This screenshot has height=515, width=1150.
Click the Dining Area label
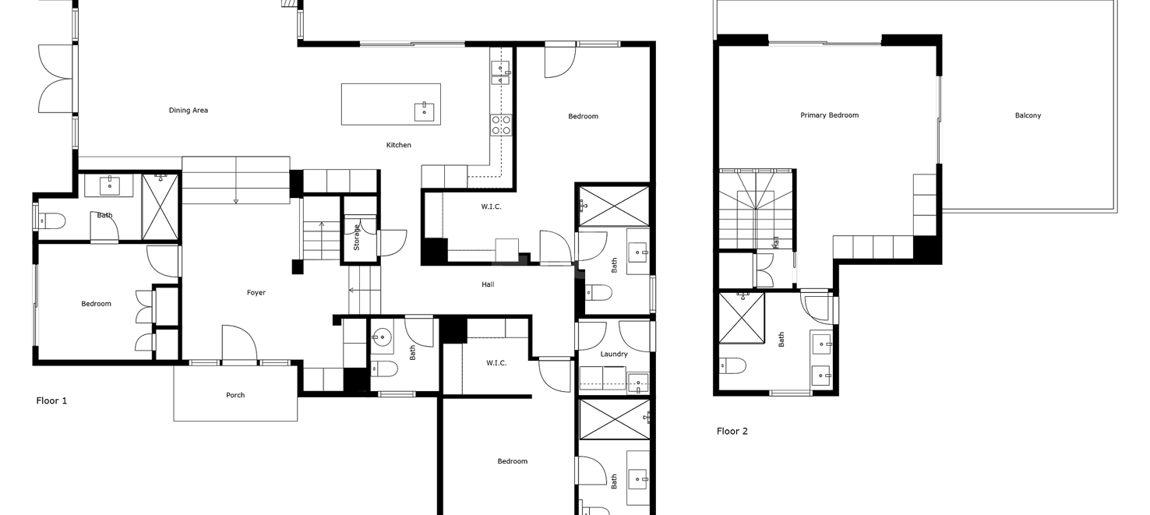[x=189, y=111]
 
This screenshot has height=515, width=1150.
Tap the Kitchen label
[x=398, y=146]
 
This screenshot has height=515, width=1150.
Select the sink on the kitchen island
[x=424, y=112]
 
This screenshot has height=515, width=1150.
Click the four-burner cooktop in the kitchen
[x=500, y=125]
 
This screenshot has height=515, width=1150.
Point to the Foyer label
[x=256, y=293]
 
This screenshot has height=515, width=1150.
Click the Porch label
[x=235, y=395]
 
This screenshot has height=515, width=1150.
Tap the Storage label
[x=356, y=238]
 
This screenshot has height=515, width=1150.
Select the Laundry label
[x=614, y=355]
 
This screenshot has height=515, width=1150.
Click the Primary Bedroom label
[x=830, y=115]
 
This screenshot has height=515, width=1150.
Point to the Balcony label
[x=1028, y=115]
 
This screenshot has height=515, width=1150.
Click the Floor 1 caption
[x=51, y=400]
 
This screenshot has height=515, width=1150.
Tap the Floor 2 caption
[x=732, y=432]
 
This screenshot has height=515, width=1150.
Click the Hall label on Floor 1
[x=488, y=284]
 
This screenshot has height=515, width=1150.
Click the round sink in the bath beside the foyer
[x=382, y=337]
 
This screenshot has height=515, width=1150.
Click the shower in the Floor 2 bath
[x=741, y=318]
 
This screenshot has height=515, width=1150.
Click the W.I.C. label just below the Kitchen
[x=492, y=207]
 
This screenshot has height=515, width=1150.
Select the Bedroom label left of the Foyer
[x=96, y=304]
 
